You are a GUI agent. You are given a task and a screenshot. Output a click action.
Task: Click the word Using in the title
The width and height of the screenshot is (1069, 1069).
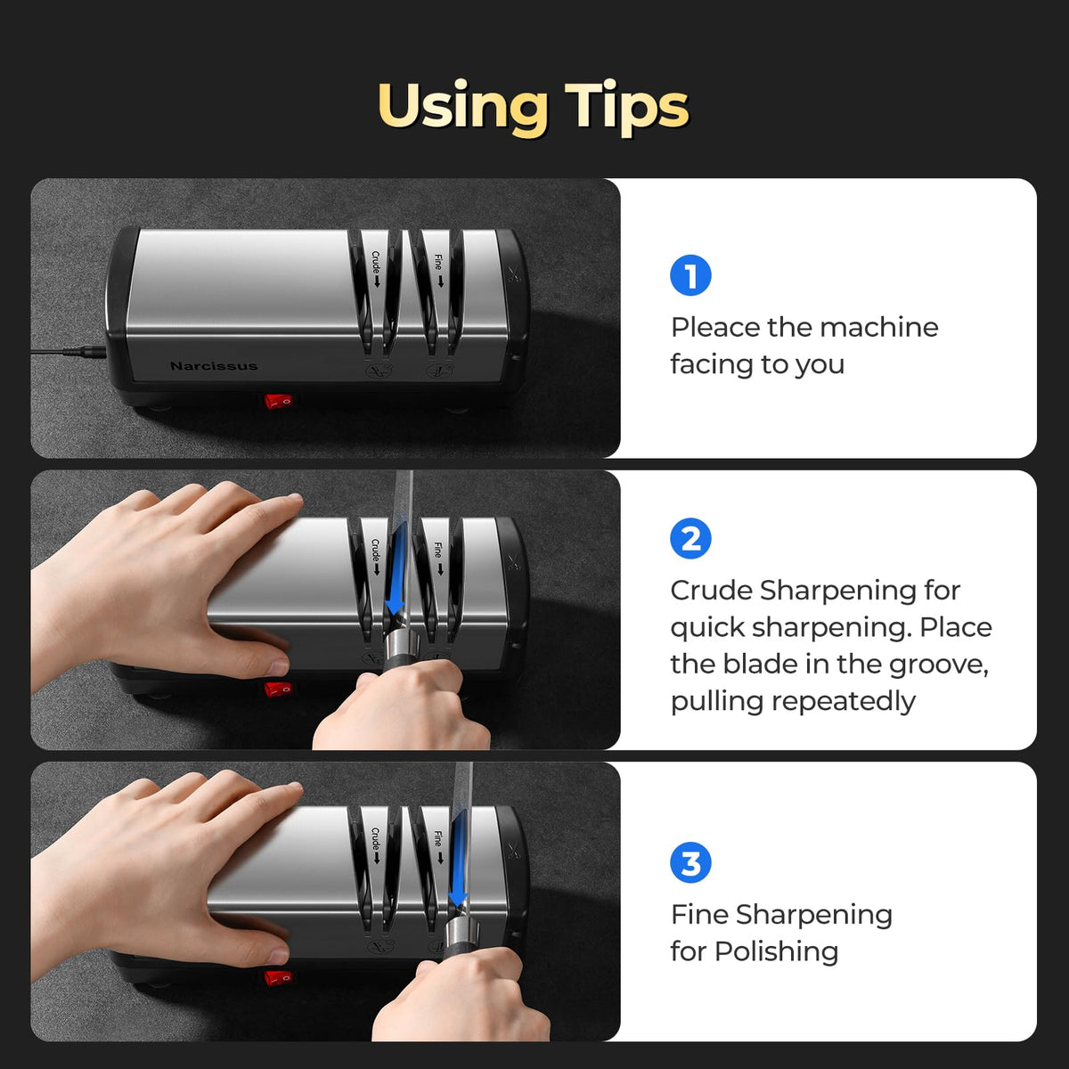[462, 108]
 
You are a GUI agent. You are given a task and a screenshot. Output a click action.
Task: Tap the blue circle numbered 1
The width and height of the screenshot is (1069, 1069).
[690, 275]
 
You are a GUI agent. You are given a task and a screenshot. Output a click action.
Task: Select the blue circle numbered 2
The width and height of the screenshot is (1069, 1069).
[690, 538]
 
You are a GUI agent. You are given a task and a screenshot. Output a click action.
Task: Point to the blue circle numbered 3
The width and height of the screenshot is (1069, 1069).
[690, 862]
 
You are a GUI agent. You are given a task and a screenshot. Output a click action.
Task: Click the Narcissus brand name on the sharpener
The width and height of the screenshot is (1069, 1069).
[214, 366]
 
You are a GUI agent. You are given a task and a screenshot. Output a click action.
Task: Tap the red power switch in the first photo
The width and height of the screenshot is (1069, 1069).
[278, 401]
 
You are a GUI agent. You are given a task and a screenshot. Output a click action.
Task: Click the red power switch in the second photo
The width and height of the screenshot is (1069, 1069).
[278, 689]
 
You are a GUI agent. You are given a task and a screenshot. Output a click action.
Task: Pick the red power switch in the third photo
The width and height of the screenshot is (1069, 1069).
[278, 977]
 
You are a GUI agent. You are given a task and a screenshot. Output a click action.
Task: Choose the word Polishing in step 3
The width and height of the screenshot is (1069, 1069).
[777, 952]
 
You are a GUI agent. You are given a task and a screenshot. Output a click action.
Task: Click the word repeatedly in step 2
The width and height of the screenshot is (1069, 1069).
[844, 702]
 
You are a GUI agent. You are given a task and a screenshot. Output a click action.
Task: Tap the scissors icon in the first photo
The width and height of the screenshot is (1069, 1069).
[514, 274]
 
